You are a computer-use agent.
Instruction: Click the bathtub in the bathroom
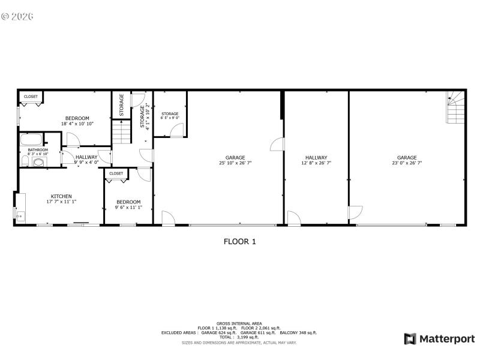pyautogui.click(x=31, y=140)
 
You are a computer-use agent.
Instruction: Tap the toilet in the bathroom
pyautogui.click(x=24, y=162)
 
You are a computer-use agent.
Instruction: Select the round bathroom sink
pyautogui.click(x=39, y=161)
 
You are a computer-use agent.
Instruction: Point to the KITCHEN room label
pyautogui.click(x=61, y=196)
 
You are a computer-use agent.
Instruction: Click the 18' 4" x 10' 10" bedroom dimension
pyautogui.click(x=77, y=124)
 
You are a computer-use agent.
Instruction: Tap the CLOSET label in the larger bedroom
pyautogui.click(x=31, y=96)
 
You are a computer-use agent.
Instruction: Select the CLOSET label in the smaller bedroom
pyautogui.click(x=116, y=173)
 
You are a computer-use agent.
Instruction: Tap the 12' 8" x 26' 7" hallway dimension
pyautogui.click(x=316, y=163)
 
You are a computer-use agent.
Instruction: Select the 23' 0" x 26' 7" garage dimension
pyautogui.click(x=407, y=163)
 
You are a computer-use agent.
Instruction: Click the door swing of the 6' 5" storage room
pyautogui.click(x=176, y=131)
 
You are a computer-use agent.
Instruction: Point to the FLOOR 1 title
pyautogui.click(x=240, y=242)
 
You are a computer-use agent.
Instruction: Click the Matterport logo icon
pyautogui.click(x=410, y=339)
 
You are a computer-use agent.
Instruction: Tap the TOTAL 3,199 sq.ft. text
pyautogui.click(x=239, y=337)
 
